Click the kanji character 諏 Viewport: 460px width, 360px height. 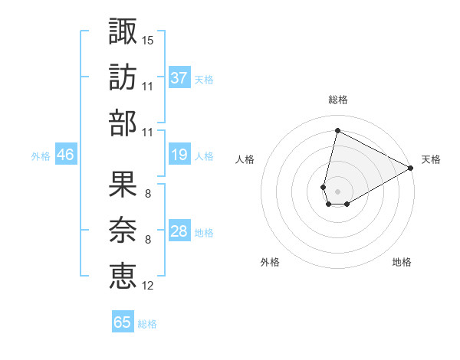(123, 31)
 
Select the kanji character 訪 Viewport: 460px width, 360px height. (123, 77)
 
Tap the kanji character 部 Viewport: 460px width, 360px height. (123, 123)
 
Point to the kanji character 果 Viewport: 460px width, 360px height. (123, 184)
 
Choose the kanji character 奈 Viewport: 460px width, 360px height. (123, 230)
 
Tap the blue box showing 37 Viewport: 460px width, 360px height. (179, 77)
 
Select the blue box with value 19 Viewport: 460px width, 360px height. (179, 155)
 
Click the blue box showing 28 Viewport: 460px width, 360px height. (179, 232)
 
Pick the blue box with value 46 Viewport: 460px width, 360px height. (65, 155)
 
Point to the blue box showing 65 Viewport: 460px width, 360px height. (123, 322)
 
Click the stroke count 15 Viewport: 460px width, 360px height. (148, 39)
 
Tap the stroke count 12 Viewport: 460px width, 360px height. (148, 286)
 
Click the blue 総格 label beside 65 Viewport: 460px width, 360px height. (147, 323)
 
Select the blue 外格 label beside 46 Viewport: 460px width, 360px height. (41, 156)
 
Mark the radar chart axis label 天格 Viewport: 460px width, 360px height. (431, 159)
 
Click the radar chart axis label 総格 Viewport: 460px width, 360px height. (337, 100)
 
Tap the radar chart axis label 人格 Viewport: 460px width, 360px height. (245, 159)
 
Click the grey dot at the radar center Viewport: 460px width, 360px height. (337, 190)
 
